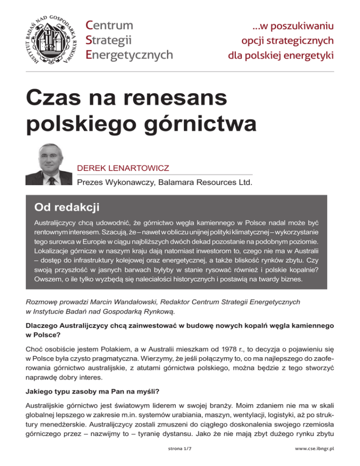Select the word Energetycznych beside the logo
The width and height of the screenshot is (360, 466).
tap(130, 54)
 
